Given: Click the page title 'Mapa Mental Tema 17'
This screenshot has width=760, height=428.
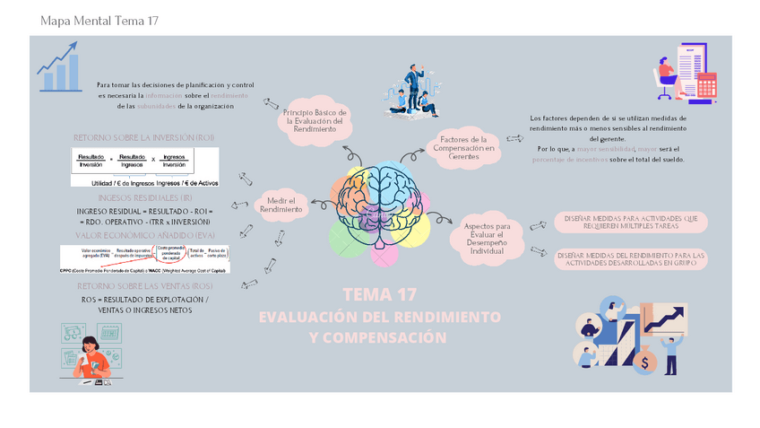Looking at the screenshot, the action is click(x=99, y=21).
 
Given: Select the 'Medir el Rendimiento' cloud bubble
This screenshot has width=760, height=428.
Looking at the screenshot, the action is click(x=282, y=205).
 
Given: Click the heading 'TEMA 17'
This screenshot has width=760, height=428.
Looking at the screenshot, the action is click(x=379, y=295).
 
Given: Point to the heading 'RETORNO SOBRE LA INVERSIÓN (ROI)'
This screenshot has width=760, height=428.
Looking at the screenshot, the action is click(x=144, y=136).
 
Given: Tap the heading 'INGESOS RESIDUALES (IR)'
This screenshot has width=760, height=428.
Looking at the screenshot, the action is click(x=144, y=197).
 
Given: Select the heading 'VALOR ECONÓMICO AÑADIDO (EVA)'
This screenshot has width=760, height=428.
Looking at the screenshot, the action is click(x=143, y=234).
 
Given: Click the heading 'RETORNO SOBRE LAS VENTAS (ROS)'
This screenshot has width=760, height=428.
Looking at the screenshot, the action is click(x=144, y=286).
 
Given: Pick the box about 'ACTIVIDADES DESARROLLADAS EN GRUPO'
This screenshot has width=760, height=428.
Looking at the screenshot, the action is click(x=630, y=259).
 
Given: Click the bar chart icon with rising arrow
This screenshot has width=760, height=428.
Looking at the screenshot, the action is click(x=56, y=67).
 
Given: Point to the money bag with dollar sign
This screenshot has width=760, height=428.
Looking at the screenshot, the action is click(x=646, y=361).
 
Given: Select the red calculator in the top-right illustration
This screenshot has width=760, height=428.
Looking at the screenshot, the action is click(x=707, y=85).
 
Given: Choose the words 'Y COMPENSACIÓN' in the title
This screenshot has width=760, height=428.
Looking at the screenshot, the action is click(x=377, y=337).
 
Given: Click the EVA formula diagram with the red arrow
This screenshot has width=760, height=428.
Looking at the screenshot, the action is click(x=143, y=258).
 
